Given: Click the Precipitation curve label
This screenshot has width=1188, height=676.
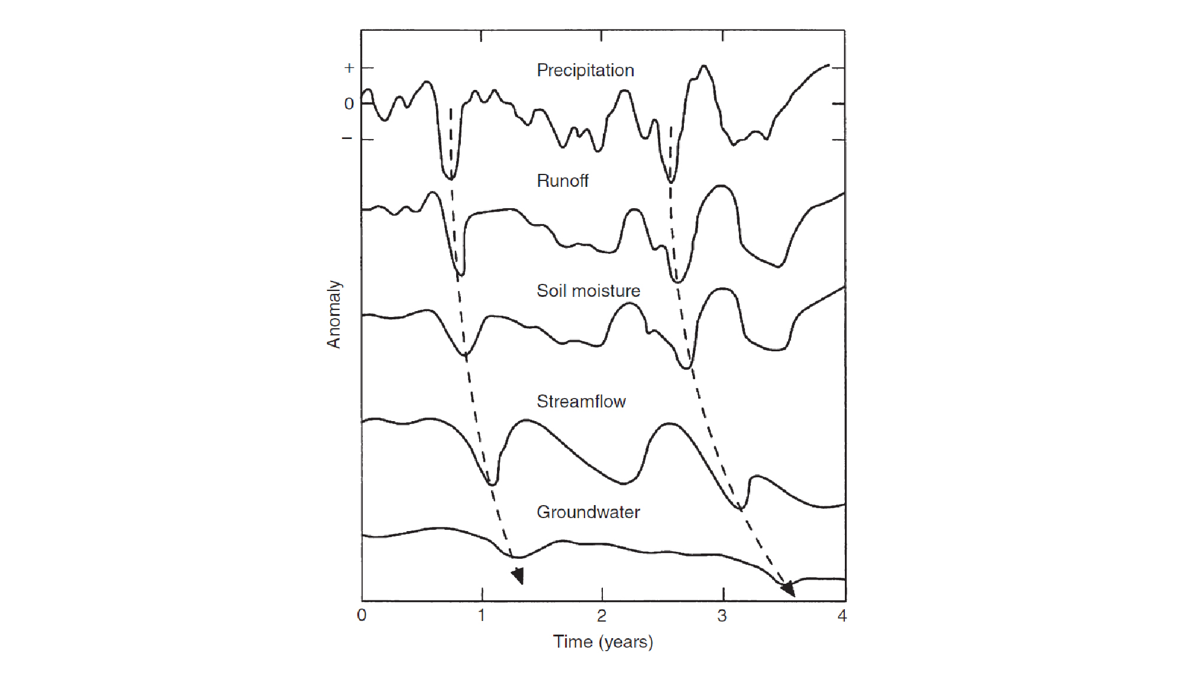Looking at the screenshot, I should [x=585, y=70].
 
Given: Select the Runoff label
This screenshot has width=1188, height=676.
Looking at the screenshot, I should [x=562, y=181].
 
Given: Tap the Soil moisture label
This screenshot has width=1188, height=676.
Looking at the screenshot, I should [x=588, y=291].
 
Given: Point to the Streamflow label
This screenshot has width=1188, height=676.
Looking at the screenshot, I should [x=581, y=402].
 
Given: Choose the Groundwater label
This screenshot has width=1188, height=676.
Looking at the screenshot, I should [x=588, y=512].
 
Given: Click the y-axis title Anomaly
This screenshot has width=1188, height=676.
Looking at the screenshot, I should [x=334, y=314].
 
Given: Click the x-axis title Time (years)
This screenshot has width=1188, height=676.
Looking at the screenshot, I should [x=603, y=642].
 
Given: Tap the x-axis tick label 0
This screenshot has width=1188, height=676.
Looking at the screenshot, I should [x=362, y=616].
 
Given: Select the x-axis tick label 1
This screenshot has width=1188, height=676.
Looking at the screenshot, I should [x=482, y=616].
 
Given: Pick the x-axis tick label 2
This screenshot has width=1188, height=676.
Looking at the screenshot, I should [x=602, y=616].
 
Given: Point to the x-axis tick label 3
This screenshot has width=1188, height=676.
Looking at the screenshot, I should [x=722, y=616].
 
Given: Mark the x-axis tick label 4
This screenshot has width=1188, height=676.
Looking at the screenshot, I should [x=842, y=616].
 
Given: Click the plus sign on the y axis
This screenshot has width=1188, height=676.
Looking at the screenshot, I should [x=349, y=68].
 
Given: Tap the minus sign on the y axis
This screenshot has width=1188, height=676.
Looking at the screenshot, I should [x=347, y=138].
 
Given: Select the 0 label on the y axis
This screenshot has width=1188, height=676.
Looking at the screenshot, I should [x=349, y=104].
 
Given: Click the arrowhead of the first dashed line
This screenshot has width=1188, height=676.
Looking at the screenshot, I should [x=518, y=575].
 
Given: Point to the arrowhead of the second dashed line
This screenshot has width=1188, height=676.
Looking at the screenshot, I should [x=788, y=588].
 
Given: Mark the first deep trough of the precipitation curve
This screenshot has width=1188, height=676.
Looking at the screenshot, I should [x=449, y=177].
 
